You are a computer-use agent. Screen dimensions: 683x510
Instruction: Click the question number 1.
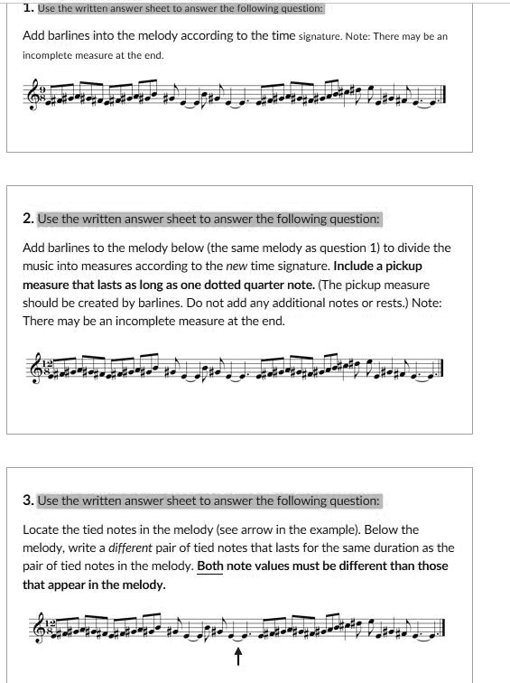pos(28,8)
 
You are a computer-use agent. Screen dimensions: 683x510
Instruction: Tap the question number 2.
pos(28,219)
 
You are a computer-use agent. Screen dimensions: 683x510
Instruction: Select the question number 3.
pos(28,501)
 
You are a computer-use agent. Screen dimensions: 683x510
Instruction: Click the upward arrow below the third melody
pos(238,656)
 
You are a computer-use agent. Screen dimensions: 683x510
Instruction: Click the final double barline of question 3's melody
pos(443,629)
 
